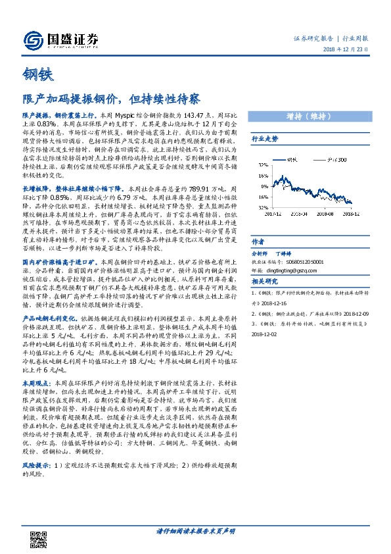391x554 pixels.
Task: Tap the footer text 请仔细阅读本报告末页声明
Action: click(195, 531)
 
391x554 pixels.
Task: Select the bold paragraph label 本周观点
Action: click(34, 382)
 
